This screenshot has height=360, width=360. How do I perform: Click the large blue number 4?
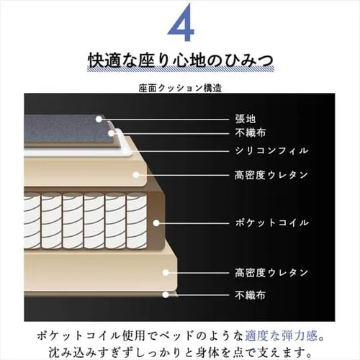click(179, 27)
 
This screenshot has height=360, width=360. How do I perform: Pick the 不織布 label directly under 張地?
click(251, 133)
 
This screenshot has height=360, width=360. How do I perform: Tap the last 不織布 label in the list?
click(251, 294)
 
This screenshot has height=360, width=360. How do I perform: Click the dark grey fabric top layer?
click(65, 130)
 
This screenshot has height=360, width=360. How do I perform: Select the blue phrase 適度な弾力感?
click(277, 335)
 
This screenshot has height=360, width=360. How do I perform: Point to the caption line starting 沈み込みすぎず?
click(180, 351)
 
